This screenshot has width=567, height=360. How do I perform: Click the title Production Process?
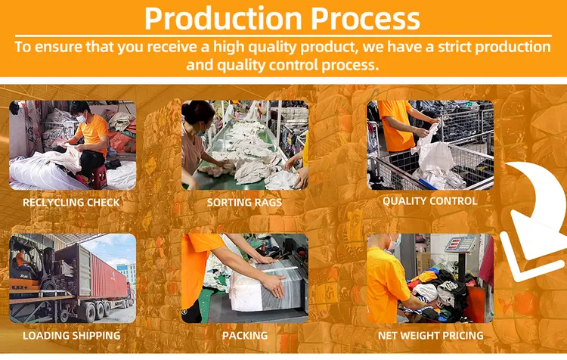[x=282, y=17]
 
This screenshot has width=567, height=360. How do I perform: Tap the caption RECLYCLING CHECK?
[x=71, y=203]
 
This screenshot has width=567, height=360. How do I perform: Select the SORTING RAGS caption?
[x=244, y=203]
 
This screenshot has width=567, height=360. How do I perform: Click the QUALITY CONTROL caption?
[x=429, y=201]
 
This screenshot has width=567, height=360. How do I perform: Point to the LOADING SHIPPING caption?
[x=71, y=335]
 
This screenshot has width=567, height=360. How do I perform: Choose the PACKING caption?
[x=244, y=335]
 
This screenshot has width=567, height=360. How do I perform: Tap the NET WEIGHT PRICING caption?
[x=430, y=335]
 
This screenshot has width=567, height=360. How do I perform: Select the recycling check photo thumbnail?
[x=72, y=145]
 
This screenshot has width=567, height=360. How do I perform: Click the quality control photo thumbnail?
[x=429, y=145]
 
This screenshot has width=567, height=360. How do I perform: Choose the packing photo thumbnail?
[x=244, y=278]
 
